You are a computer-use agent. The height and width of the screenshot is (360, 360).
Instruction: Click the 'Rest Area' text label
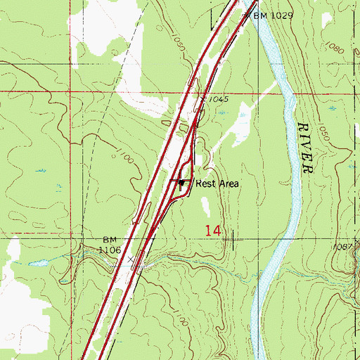pos(218,184)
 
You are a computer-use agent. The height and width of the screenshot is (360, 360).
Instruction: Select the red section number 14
pos(214,230)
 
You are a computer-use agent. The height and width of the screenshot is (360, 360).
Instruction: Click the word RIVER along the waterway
pos(305,147)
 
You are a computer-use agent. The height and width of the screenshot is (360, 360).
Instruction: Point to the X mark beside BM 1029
pos(246,14)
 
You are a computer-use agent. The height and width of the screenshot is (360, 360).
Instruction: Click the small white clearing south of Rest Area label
pos(205,206)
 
